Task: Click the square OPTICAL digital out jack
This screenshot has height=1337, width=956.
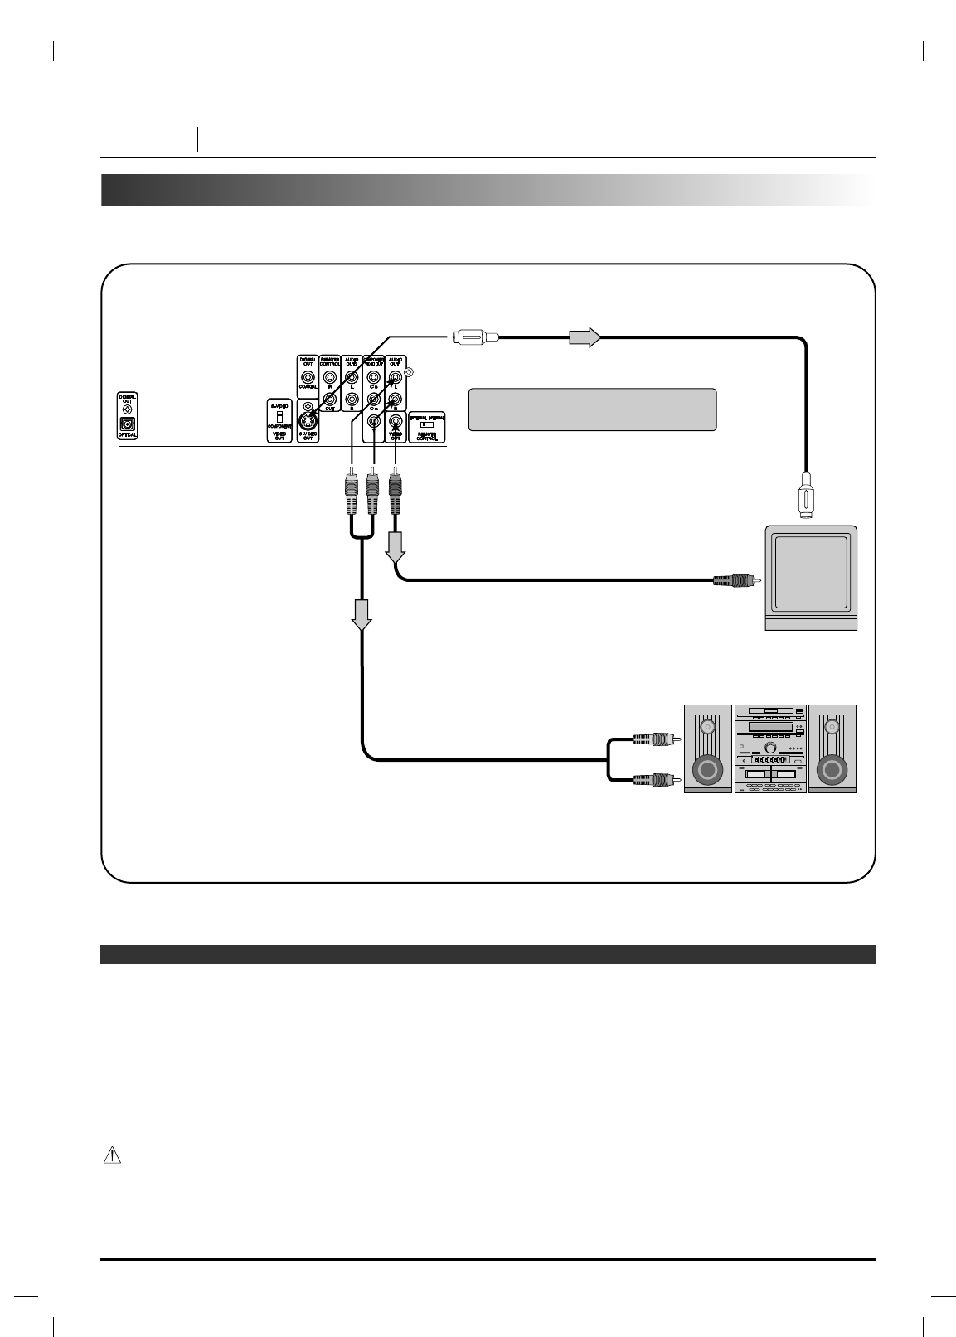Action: [128, 424]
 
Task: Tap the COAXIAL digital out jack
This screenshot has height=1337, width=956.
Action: [308, 378]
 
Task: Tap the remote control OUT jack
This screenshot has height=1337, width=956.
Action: [330, 399]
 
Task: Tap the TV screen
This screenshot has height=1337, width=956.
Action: [810, 571]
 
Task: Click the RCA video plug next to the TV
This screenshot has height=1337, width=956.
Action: [732, 580]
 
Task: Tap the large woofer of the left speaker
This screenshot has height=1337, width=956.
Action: [706, 770]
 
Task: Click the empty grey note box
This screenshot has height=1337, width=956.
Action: [592, 409]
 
